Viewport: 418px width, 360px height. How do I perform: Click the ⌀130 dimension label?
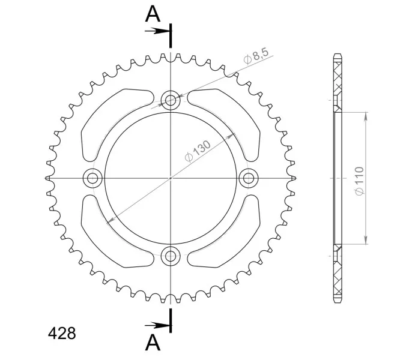(198, 151)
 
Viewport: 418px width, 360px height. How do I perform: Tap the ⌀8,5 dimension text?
(256, 56)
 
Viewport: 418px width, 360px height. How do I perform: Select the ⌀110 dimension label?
(359, 181)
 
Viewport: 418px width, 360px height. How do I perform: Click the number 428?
(62, 333)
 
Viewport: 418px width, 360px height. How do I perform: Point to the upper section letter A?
(153, 14)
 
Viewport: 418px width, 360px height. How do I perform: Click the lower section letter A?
(153, 343)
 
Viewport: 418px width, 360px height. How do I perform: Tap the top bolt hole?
(171, 100)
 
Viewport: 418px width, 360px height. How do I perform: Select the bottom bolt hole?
(171, 256)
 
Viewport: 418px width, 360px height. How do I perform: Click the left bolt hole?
(92, 178)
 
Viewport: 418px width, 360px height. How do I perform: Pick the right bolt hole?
(249, 178)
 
